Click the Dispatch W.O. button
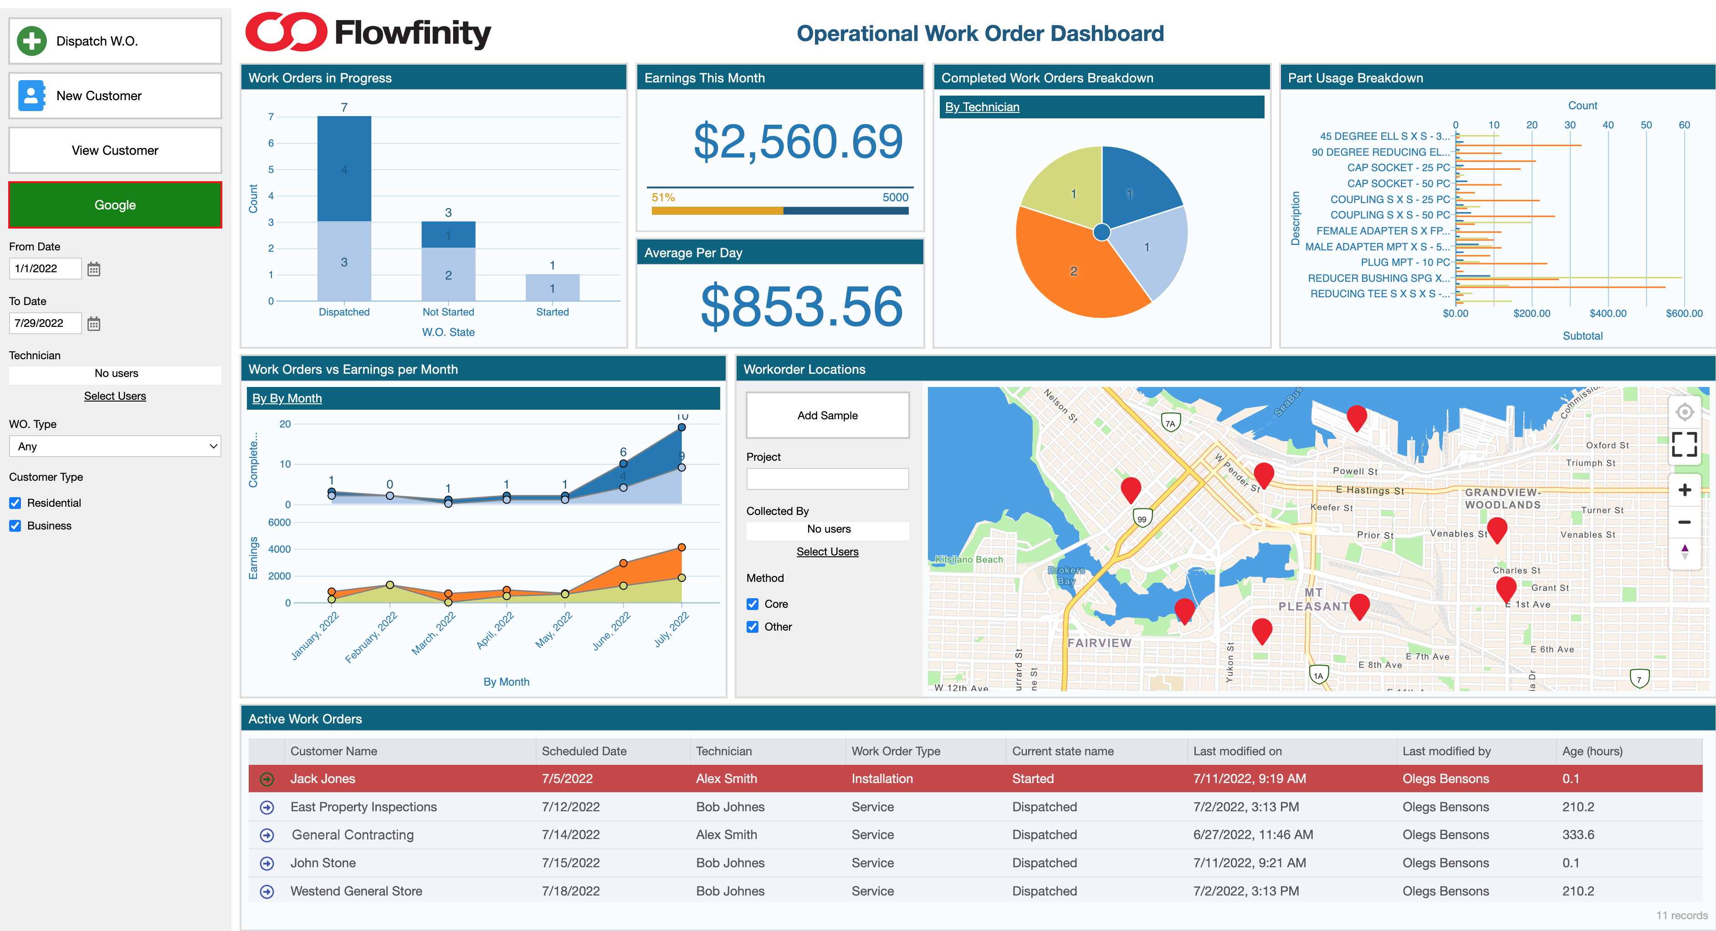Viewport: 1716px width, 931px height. pos(115,41)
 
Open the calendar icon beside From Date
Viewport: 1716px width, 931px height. pos(94,269)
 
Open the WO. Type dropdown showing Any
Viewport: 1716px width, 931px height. pos(115,446)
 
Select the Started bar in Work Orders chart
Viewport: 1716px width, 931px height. pos(552,288)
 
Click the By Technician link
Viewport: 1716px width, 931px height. pos(982,107)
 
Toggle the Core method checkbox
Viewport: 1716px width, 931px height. pos(753,604)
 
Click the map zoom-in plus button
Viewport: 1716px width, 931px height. pos(1684,490)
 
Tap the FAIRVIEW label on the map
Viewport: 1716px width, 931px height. pos(1099,643)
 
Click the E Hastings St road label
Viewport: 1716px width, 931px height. pos(1370,490)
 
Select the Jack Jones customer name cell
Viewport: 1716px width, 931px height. pos(323,778)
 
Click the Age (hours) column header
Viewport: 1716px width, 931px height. pos(1592,751)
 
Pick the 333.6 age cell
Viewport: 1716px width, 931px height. pos(1578,834)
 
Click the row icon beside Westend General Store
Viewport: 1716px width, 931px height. pos(267,891)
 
